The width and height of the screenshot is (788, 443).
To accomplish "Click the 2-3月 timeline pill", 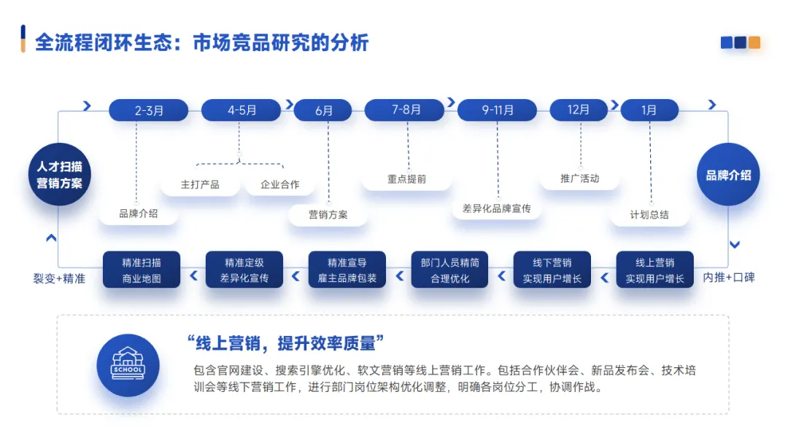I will (x=149, y=111).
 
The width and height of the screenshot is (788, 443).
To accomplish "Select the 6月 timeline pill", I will (x=324, y=111).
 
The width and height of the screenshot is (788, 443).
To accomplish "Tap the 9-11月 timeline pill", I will (x=498, y=111).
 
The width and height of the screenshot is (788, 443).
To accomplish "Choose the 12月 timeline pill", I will (x=579, y=110).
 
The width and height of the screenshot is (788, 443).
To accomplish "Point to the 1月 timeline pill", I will (x=649, y=111).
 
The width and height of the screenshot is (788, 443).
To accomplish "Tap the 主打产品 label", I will (x=200, y=184).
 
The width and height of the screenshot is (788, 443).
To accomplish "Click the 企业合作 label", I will (x=280, y=184).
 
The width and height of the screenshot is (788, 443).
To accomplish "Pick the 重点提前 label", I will (x=406, y=179).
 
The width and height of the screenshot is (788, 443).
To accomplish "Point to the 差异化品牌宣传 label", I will (x=496, y=208).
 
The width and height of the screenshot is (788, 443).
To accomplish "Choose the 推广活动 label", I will (x=579, y=179).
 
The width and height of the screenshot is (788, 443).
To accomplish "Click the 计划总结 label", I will (x=649, y=215).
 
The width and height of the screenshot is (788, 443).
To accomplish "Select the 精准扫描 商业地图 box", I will (x=142, y=270).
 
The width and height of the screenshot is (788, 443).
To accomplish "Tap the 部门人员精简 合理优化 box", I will (x=450, y=270).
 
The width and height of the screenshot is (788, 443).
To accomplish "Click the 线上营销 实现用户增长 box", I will (x=654, y=270).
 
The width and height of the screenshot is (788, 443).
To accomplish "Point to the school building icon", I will (x=128, y=365).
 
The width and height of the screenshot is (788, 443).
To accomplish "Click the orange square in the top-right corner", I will (x=754, y=43).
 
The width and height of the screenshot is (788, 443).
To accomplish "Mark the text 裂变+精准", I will (x=59, y=278).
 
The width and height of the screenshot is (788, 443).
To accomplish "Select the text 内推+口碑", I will (x=729, y=278).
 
